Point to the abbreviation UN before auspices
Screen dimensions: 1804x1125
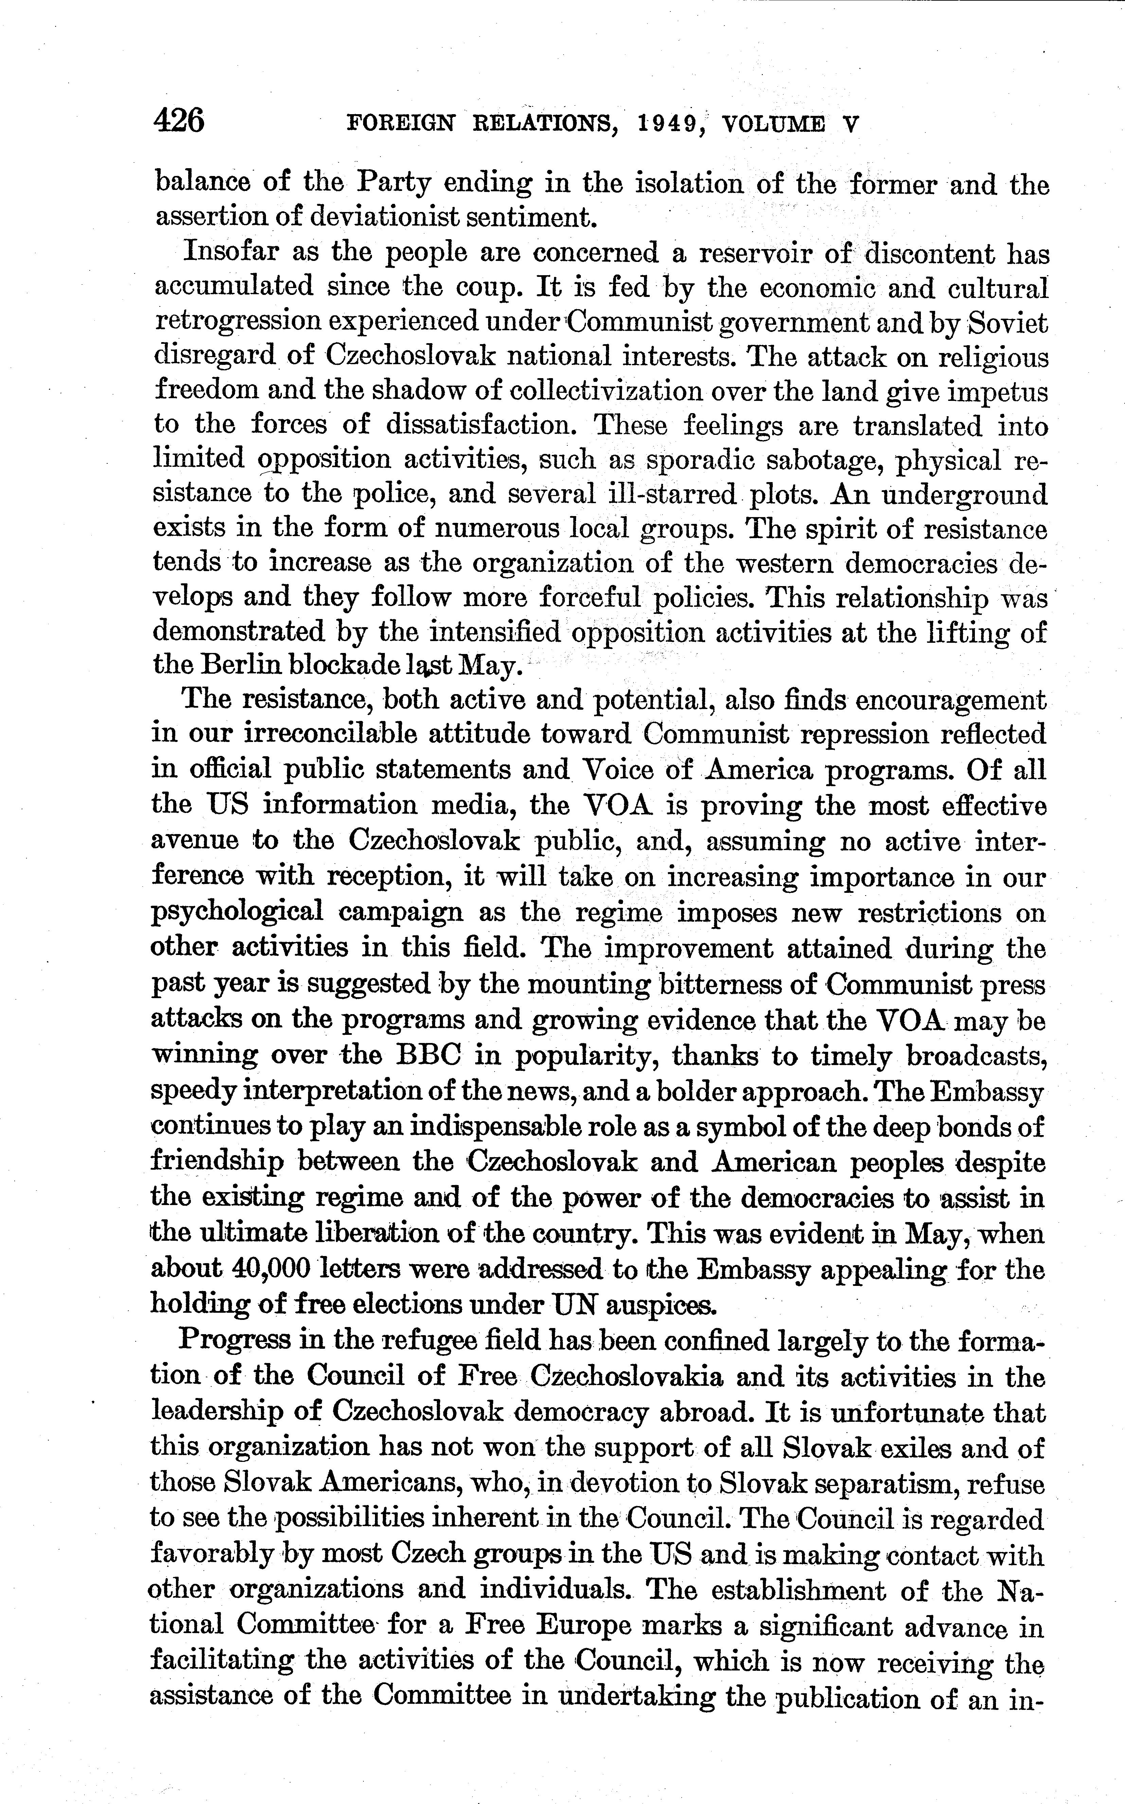pyautogui.click(x=571, y=1304)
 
